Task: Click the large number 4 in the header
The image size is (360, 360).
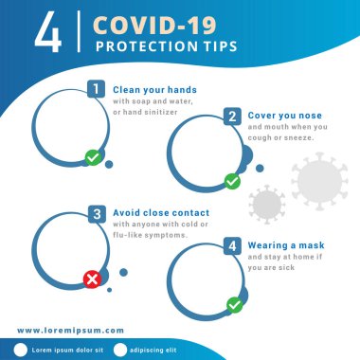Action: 46,30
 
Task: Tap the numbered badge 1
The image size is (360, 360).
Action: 96,89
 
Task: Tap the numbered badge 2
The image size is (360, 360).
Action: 231,117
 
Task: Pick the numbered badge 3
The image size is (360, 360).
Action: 96,213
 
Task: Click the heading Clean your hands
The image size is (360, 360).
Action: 154,89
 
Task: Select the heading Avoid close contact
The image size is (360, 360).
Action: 161,213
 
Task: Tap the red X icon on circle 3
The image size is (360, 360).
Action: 92,279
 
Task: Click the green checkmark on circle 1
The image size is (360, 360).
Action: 93,157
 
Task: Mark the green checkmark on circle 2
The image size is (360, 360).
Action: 231,180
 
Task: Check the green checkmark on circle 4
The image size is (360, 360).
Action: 234,305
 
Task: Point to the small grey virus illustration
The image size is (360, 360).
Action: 265,203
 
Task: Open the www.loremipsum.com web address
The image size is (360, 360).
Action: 70,331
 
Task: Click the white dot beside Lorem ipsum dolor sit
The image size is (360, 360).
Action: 22,350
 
